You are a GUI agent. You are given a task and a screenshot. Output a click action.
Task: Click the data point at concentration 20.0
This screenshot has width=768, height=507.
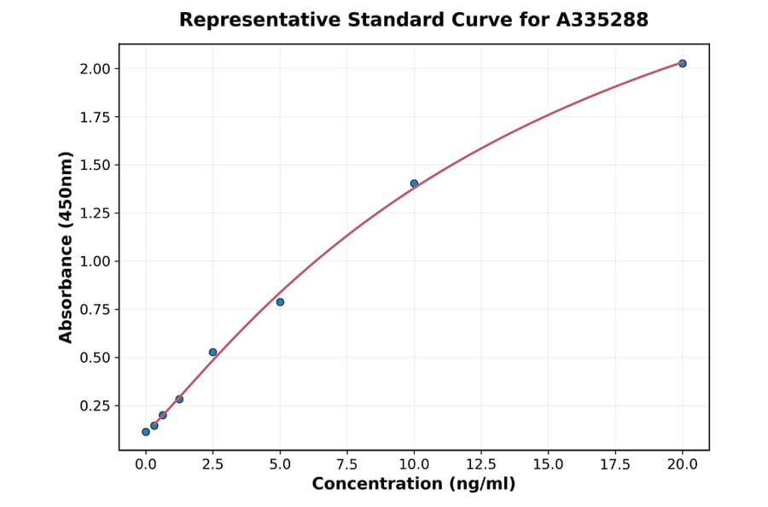(x=683, y=63)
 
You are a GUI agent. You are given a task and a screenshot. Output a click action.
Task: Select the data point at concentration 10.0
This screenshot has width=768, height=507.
(x=414, y=184)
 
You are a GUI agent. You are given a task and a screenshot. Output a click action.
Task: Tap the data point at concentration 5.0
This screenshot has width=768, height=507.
(x=280, y=302)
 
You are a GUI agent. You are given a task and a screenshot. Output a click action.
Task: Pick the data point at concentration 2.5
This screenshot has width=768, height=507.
(x=212, y=352)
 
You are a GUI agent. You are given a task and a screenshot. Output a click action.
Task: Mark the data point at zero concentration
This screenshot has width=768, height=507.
(x=146, y=432)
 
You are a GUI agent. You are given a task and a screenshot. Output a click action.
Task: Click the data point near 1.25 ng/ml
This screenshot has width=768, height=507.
(x=179, y=399)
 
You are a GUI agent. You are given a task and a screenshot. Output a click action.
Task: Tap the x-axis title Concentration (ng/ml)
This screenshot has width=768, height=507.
(x=414, y=484)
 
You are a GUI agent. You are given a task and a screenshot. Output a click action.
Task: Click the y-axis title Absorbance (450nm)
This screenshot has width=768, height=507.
(x=66, y=248)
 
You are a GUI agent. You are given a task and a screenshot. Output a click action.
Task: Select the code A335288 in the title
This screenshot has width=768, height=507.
(x=604, y=19)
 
